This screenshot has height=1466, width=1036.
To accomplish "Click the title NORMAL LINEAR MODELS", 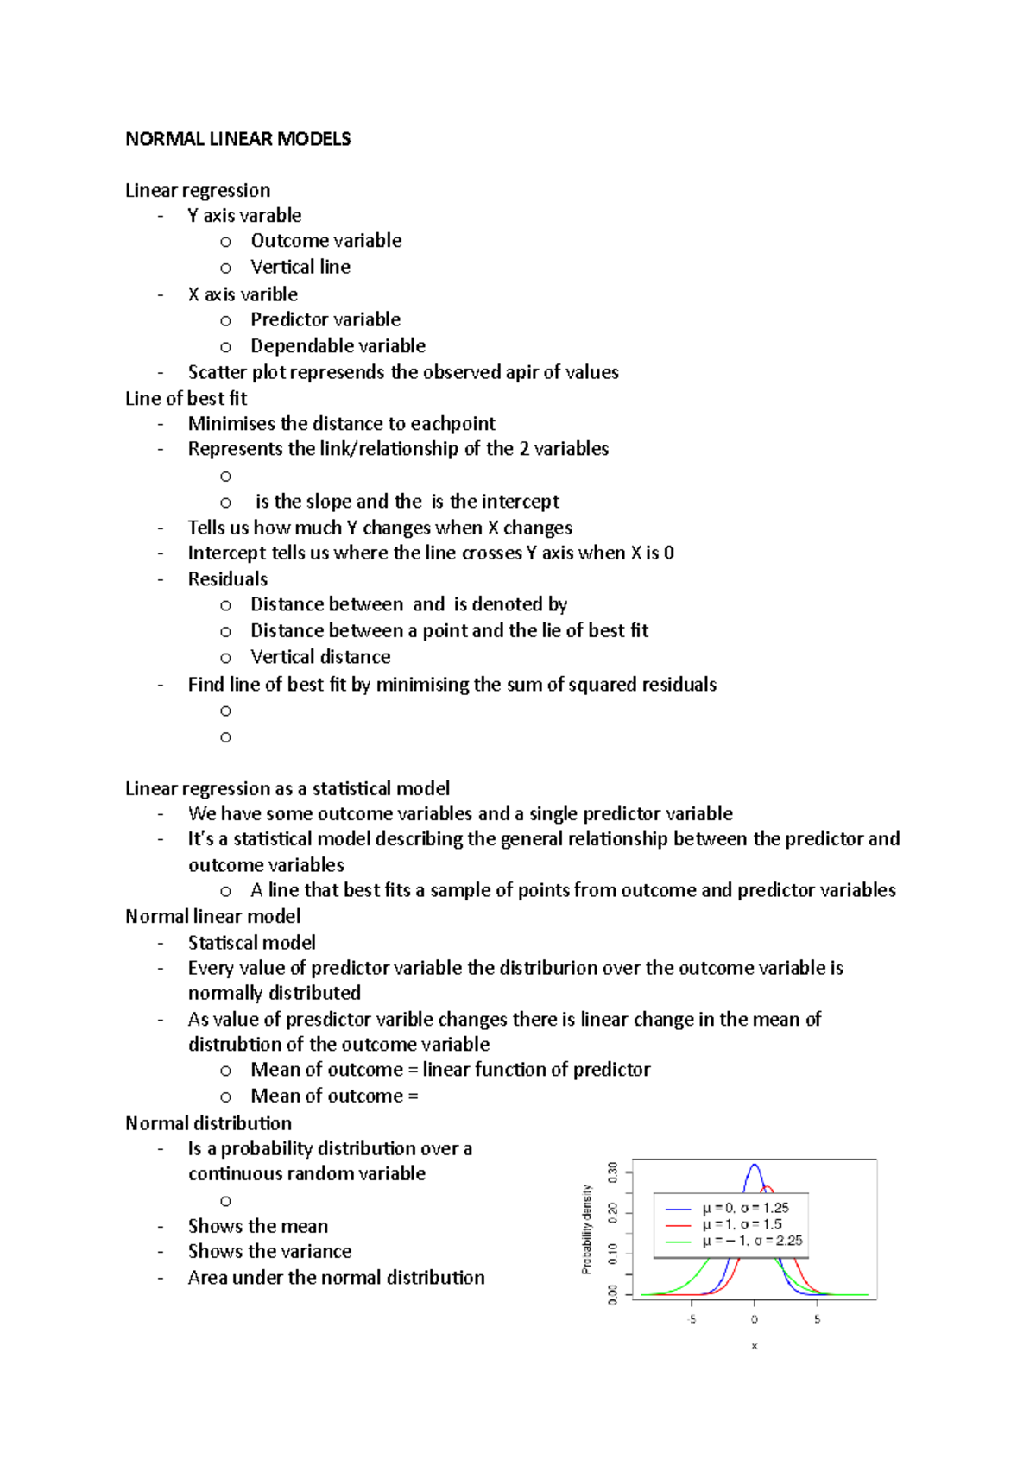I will (237, 139).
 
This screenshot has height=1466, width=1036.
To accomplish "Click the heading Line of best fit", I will (186, 398).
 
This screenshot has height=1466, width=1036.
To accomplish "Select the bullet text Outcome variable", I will (325, 241).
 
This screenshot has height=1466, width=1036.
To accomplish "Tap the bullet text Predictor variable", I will (325, 319).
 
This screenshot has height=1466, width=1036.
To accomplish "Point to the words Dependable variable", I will (338, 346).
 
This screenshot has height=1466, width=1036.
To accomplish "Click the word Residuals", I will (228, 578).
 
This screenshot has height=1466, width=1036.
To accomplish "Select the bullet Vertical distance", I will (320, 657).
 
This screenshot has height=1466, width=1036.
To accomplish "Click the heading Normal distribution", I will (208, 1123).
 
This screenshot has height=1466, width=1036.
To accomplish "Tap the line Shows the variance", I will (269, 1251).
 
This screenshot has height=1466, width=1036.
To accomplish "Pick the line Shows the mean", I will (258, 1226).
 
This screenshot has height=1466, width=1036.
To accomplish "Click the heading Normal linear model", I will (212, 916).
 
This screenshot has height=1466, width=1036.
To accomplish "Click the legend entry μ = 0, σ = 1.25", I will (744, 1208).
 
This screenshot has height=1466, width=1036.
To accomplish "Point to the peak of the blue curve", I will (754, 1166).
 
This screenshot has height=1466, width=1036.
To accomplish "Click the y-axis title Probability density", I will (587, 1229).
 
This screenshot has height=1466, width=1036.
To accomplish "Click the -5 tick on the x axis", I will (692, 1319).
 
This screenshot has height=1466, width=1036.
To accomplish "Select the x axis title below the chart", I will (754, 1346).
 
